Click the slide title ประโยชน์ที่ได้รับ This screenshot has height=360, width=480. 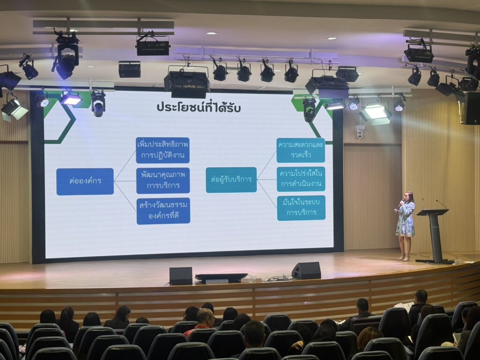pyautogui.click(x=198, y=107)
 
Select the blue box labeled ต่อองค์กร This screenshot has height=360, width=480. pyautogui.click(x=85, y=181)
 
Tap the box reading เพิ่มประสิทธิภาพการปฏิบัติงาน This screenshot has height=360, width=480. pyautogui.click(x=163, y=150)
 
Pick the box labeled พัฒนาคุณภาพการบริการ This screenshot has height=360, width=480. pyautogui.click(x=163, y=180)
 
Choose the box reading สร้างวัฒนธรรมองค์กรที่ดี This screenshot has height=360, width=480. pyautogui.click(x=163, y=211)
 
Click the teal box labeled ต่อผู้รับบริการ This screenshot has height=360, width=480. pyautogui.click(x=231, y=180)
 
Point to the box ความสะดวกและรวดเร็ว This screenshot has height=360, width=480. pyautogui.click(x=300, y=150)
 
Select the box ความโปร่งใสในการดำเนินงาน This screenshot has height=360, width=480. pyautogui.click(x=301, y=179)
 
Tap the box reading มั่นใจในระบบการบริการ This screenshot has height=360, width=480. pyautogui.click(x=301, y=208)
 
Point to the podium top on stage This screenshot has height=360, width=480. pyautogui.click(x=433, y=212)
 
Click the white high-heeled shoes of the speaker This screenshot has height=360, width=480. pyautogui.click(x=404, y=258)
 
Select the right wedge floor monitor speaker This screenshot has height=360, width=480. pyautogui.click(x=306, y=270)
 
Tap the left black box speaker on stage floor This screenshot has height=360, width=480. pyautogui.click(x=180, y=276)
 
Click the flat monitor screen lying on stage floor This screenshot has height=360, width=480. pyautogui.click(x=221, y=277)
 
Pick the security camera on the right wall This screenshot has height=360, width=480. pyautogui.click(x=360, y=131)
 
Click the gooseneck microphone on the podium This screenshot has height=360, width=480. pyautogui.click(x=442, y=204)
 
